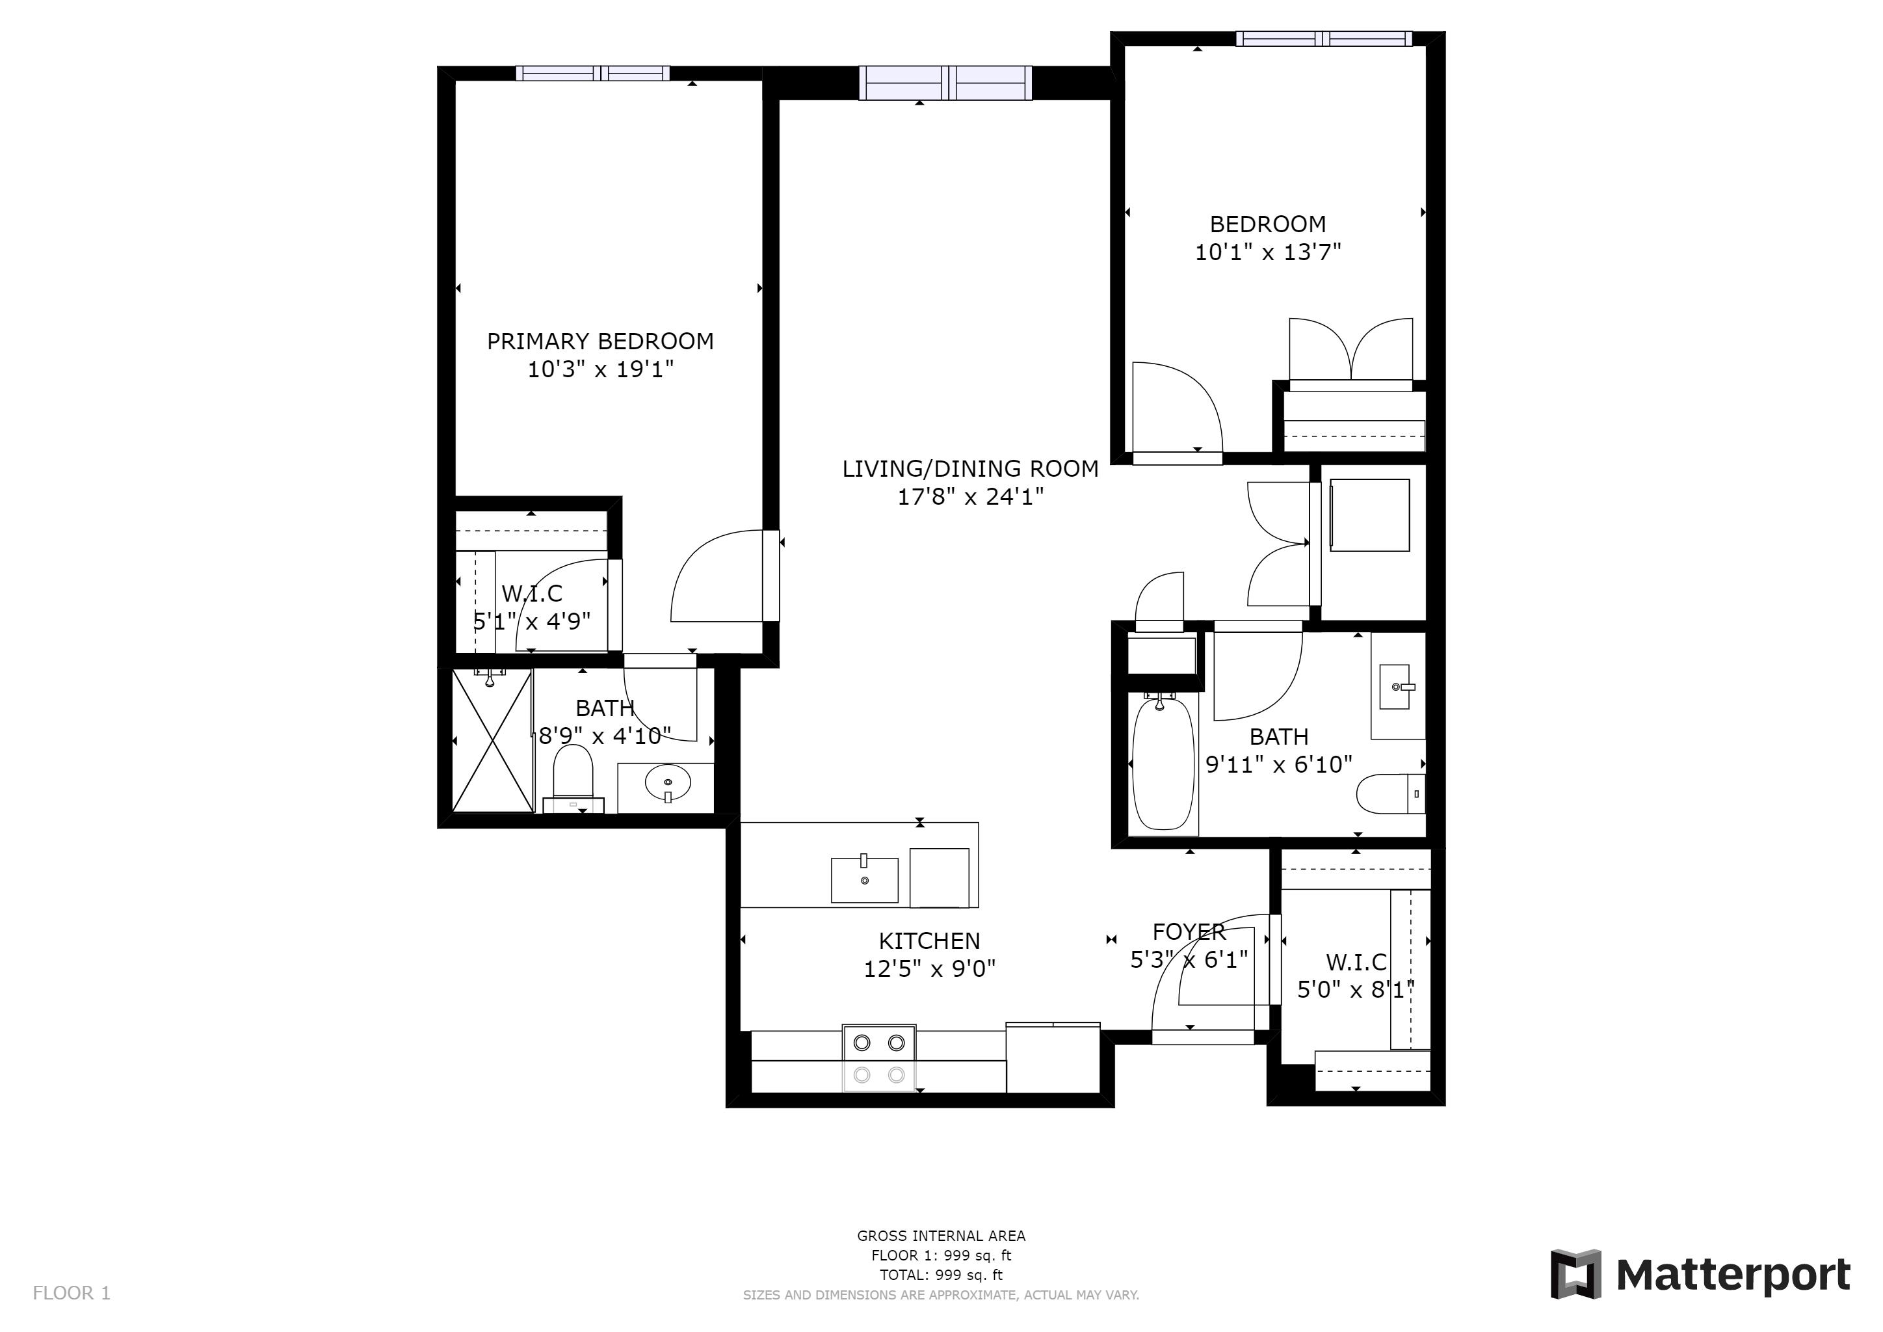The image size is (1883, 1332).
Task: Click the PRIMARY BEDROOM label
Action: coord(599,341)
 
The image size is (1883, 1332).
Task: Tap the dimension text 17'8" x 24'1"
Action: coord(969,497)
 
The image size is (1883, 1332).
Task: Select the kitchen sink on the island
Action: coord(864,879)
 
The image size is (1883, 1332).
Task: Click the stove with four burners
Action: coord(878,1058)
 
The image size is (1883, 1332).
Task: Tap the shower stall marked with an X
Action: coord(492,741)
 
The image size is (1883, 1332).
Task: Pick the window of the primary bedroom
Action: coord(592,73)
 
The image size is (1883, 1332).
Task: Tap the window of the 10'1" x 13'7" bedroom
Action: coord(1323,38)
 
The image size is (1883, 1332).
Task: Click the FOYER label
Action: coord(1189,932)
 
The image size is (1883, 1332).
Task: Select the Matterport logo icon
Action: coord(1575,1275)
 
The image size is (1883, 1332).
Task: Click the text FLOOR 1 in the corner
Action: coord(72,1294)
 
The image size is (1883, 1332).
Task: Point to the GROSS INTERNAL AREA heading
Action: coord(941,1236)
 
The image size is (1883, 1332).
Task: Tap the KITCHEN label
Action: coord(929,940)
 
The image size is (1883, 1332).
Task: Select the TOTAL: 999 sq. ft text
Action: coord(941,1275)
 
